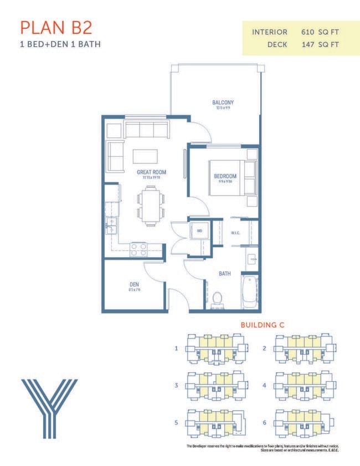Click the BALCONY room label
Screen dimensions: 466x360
tap(223, 103)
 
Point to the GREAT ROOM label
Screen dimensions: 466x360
tap(151, 172)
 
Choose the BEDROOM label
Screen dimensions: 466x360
tap(225, 177)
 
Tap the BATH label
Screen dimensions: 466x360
tap(224, 273)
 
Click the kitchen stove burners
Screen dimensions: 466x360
tap(138, 249)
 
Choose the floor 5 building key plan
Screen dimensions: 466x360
tap(215, 422)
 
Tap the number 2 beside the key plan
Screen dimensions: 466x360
tap(265, 349)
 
